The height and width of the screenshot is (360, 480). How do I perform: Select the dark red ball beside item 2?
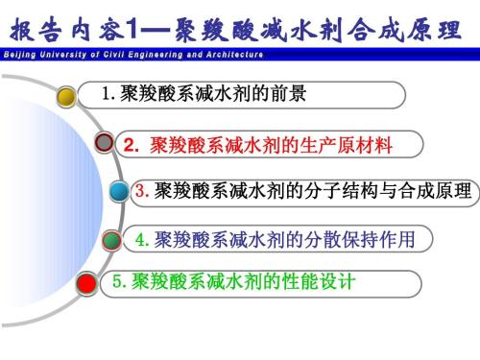tap(106, 145)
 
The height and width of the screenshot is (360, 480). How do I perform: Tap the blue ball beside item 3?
tap(120, 191)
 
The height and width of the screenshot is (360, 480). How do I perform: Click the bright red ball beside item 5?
tap(87, 283)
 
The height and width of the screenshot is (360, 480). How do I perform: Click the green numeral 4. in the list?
tap(141, 238)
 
